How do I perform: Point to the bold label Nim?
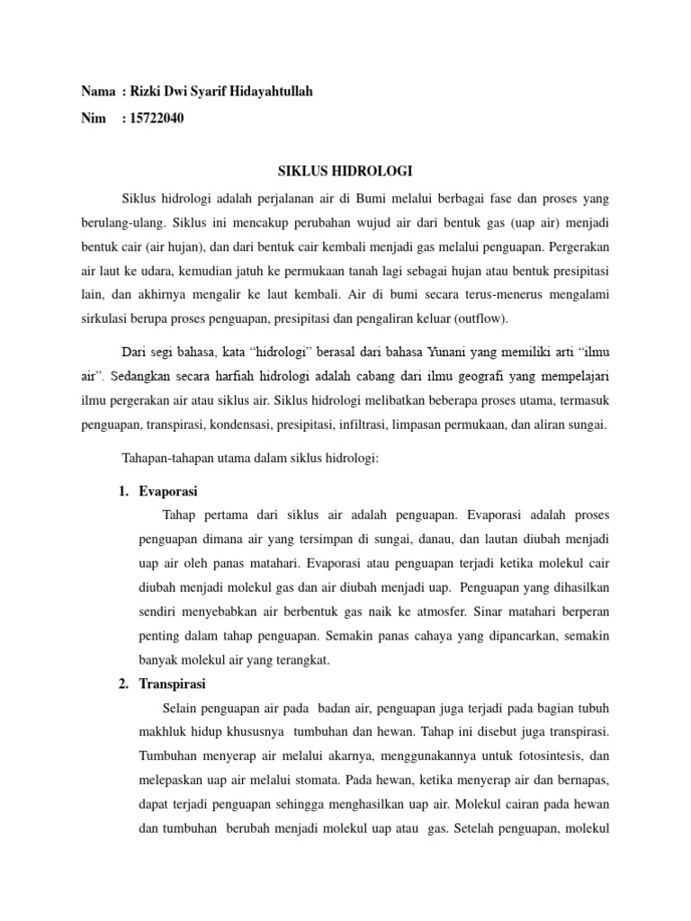(93, 118)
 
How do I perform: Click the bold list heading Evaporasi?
(168, 492)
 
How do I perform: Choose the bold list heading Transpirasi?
(173, 684)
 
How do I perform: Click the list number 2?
(123, 684)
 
